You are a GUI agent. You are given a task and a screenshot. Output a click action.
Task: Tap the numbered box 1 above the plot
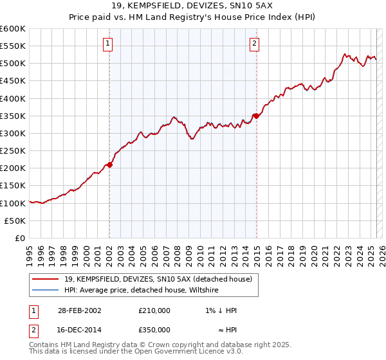[x=107, y=44]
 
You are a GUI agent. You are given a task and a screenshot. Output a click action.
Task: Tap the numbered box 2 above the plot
[x=255, y=44]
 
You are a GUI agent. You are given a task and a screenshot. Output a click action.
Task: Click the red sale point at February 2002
[x=110, y=165]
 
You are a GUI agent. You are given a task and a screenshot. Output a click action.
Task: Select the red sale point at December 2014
[x=256, y=116]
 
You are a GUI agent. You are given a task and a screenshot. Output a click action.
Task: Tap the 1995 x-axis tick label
[x=29, y=253]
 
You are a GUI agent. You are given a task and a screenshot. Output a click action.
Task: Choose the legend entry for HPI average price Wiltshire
[x=141, y=291]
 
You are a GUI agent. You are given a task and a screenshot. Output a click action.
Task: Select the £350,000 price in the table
[x=154, y=328]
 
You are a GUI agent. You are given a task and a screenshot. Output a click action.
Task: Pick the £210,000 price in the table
[x=154, y=310]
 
